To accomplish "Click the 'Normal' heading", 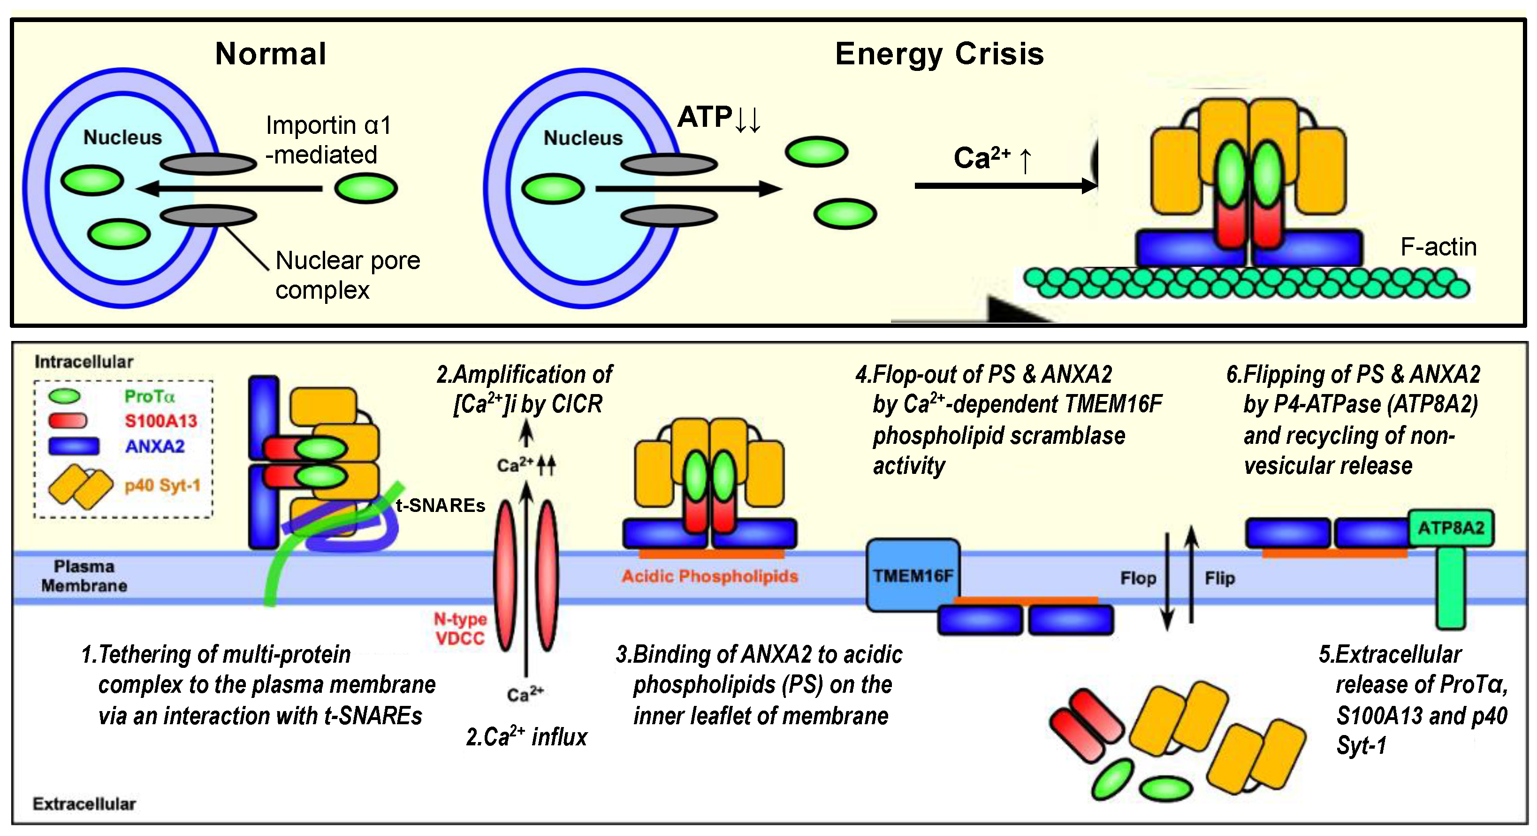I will coord(270,54).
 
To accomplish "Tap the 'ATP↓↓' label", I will coord(718,117).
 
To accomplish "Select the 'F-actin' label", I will coord(1438,247).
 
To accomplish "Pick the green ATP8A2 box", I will coord(1451,528).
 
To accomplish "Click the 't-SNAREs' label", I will coord(441,506).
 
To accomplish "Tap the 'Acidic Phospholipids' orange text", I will coord(709,576).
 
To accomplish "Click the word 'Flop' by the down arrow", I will coord(1137,578).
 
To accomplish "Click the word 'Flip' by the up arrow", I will coord(1219,578).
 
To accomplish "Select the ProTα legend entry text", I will coord(149,396).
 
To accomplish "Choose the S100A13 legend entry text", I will coord(160,421).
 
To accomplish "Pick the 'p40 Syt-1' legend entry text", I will coord(162,486).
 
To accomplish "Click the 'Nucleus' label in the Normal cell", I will coord(122,137).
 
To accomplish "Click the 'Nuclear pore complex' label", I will coord(347,275).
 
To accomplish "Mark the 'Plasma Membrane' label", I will coord(84,576).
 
